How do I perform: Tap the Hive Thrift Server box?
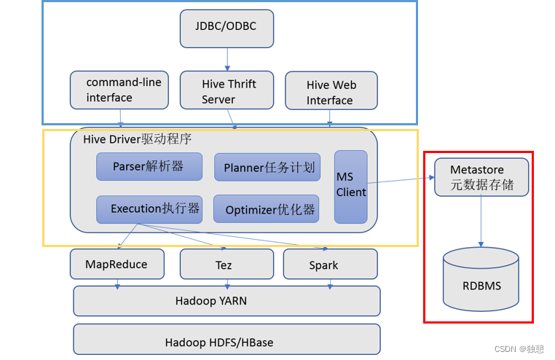(x=227, y=91)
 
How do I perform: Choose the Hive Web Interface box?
(x=331, y=92)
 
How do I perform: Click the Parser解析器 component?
(x=149, y=166)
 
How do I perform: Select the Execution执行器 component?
(x=149, y=209)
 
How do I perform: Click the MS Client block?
(x=350, y=187)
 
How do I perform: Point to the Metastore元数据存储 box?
(x=481, y=177)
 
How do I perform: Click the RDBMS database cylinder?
(x=481, y=280)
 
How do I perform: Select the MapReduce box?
(x=117, y=264)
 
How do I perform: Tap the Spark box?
(x=330, y=265)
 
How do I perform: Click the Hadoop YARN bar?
(x=227, y=300)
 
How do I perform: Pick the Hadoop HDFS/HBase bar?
(x=227, y=340)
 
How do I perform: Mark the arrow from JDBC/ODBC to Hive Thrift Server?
(x=227, y=59)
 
